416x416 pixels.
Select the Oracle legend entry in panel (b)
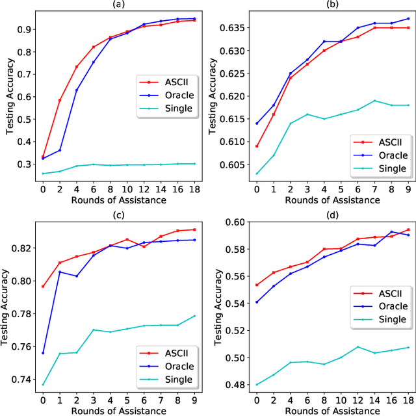point(384,155)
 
